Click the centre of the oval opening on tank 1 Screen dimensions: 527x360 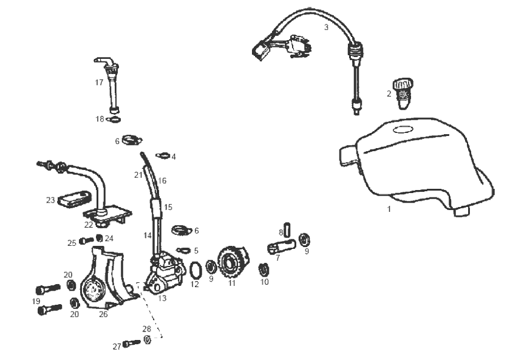tap(403, 129)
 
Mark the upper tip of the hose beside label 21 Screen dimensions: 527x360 tap(142, 153)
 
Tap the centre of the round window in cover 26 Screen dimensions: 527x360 tap(92, 289)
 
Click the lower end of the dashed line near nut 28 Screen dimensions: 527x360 tap(162, 337)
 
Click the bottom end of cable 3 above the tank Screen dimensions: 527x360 tap(356, 114)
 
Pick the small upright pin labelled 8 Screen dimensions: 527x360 tap(288, 229)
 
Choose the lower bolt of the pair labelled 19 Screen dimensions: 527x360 tap(49, 309)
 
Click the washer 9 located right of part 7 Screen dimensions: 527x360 tap(304, 239)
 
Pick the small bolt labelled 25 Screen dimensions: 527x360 tap(86, 240)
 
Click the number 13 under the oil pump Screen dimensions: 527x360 tap(162, 298)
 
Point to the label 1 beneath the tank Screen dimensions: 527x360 tap(389, 209)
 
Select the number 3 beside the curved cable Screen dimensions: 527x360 tap(326, 27)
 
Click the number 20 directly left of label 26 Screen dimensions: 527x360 tap(74, 314)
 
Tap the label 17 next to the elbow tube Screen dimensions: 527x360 tap(99, 83)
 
